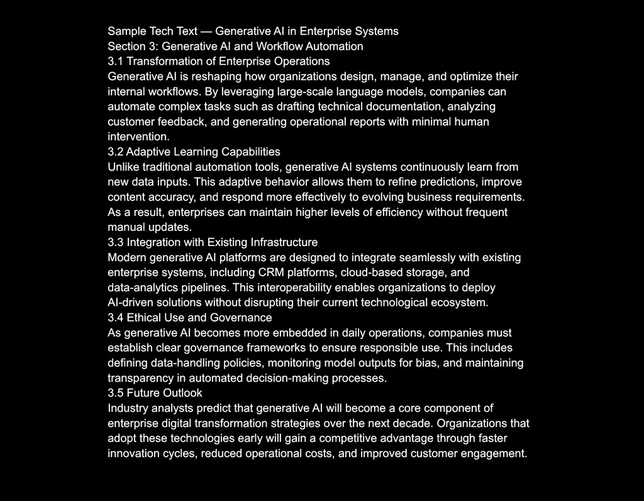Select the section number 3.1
coord(116,62)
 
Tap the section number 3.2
coord(116,152)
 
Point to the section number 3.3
coord(116,242)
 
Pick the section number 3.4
coord(116,318)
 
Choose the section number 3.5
coord(116,393)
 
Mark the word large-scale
coord(296,92)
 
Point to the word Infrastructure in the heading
coord(284,242)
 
